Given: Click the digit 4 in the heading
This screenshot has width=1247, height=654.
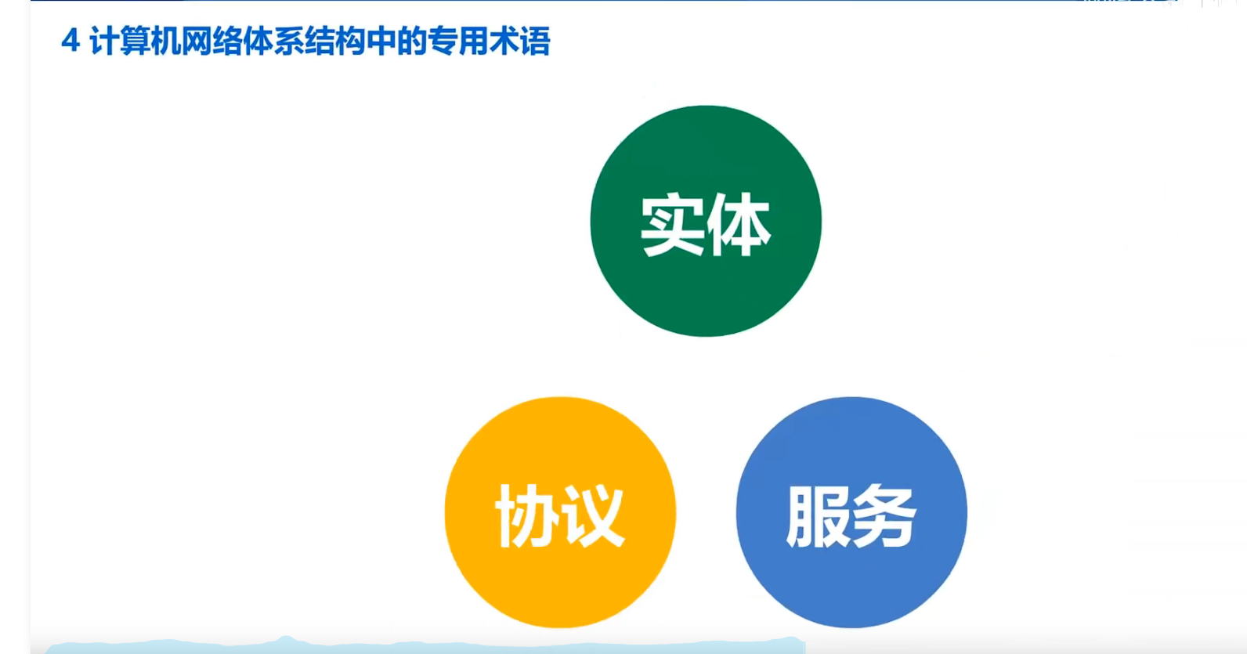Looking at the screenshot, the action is point(70,42).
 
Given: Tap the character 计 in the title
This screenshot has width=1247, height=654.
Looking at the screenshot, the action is point(104,42).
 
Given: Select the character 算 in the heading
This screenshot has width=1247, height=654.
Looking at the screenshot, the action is point(135,42).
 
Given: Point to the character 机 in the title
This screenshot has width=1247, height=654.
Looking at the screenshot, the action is point(166,42).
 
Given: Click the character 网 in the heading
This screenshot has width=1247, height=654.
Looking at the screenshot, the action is point(197,42).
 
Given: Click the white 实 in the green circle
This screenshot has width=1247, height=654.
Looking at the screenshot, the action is point(672,224).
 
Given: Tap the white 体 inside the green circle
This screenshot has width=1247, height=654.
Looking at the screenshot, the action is point(739,224).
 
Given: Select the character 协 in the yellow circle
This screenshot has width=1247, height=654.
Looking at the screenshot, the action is point(526,516).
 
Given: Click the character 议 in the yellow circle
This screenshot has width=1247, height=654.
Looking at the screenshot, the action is point(592,516).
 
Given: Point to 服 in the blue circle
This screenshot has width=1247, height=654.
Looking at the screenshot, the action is point(817,516).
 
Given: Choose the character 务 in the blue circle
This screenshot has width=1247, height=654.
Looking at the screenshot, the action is point(884,516).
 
